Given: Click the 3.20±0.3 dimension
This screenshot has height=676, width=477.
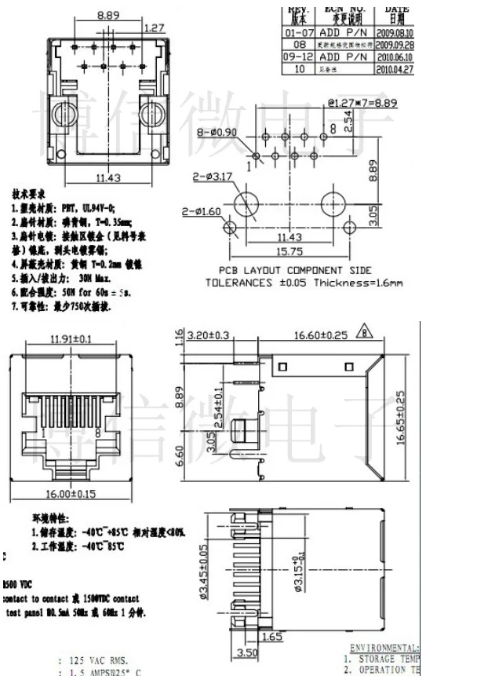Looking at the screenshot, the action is [208, 335].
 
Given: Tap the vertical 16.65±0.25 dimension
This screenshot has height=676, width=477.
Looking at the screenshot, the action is [401, 418].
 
